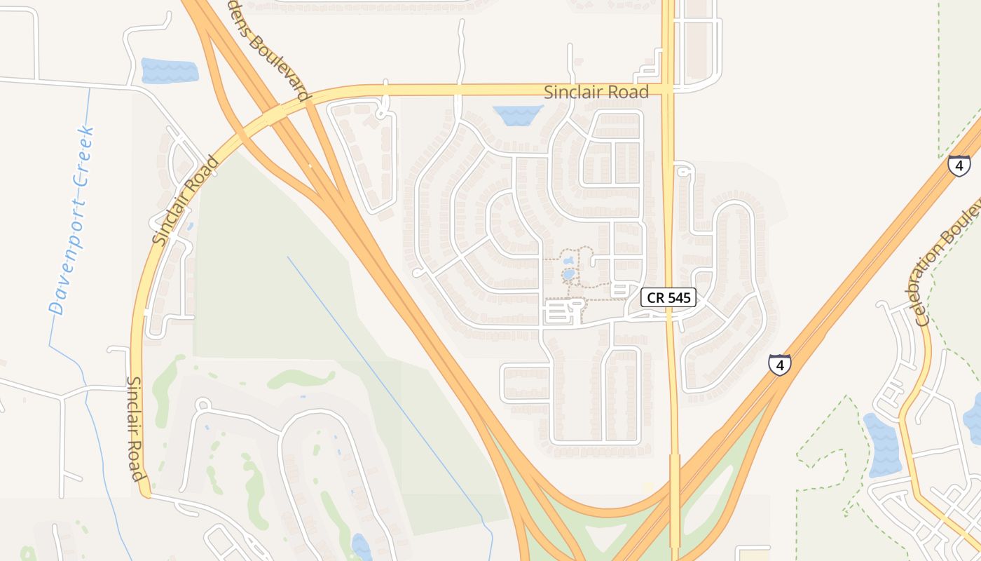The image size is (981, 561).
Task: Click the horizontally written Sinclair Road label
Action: (x=596, y=92)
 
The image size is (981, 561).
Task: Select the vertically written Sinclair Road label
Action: (x=137, y=428)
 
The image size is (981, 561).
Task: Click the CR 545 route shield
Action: (x=668, y=297)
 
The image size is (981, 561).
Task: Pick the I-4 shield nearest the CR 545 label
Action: (x=779, y=365)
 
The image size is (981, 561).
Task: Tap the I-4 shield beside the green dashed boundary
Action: (x=959, y=166)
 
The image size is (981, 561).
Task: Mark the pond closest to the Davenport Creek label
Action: (x=170, y=71)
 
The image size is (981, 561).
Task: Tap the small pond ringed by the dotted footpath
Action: (x=569, y=273)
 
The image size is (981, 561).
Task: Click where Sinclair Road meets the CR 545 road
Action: (x=668, y=90)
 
